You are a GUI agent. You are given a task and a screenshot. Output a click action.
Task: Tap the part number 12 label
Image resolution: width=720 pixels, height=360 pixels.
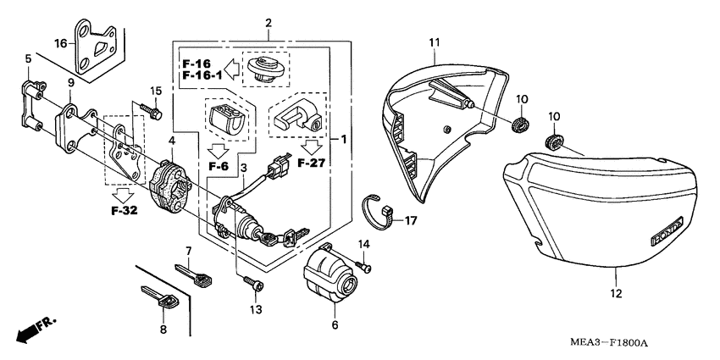615,293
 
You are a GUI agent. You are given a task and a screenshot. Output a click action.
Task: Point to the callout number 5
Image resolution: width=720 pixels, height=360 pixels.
28,59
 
